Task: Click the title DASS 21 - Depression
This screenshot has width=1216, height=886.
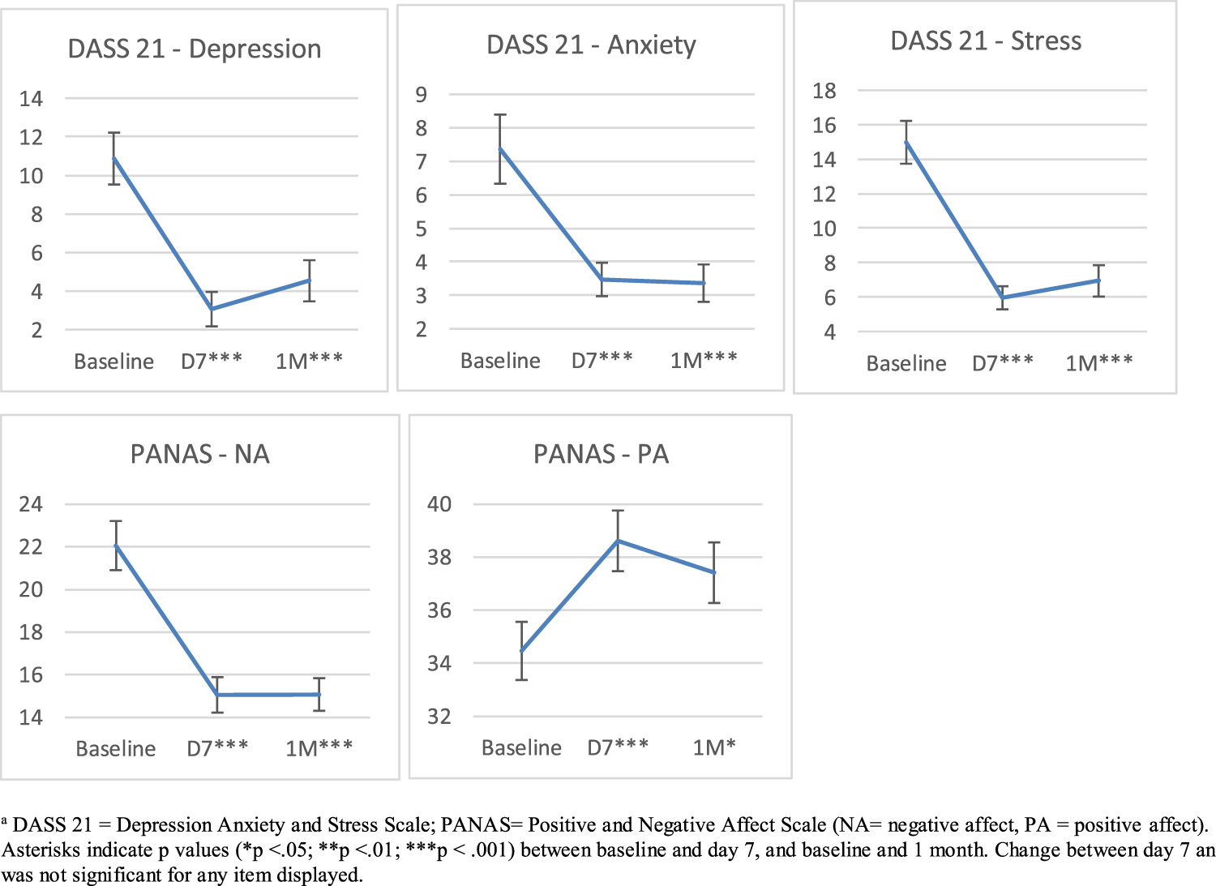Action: (x=195, y=49)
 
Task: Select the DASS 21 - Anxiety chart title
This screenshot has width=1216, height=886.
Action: (x=591, y=45)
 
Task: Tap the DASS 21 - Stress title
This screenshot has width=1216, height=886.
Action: (x=986, y=41)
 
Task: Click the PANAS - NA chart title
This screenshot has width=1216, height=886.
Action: (x=199, y=454)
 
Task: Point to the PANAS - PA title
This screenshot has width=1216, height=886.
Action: (x=601, y=454)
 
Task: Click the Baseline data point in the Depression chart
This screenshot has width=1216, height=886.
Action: (x=114, y=158)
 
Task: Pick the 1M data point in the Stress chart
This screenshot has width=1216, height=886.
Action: (x=1098, y=280)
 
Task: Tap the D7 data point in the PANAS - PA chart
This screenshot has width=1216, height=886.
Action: (x=618, y=541)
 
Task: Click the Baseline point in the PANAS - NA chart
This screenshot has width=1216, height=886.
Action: (x=116, y=546)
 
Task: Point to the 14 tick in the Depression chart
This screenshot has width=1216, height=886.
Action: (x=31, y=99)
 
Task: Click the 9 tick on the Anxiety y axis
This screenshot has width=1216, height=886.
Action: (x=421, y=95)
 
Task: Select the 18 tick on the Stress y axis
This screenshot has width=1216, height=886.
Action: (x=824, y=91)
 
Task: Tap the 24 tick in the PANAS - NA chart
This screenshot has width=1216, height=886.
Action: (x=31, y=504)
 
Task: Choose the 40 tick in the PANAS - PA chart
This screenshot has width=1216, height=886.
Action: (x=439, y=504)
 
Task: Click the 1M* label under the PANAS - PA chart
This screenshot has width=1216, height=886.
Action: (x=714, y=747)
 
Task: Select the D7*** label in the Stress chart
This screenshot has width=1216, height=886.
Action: (x=1003, y=363)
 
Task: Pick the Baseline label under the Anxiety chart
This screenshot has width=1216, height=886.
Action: (x=500, y=361)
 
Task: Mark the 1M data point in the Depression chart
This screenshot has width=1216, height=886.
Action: (x=309, y=280)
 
